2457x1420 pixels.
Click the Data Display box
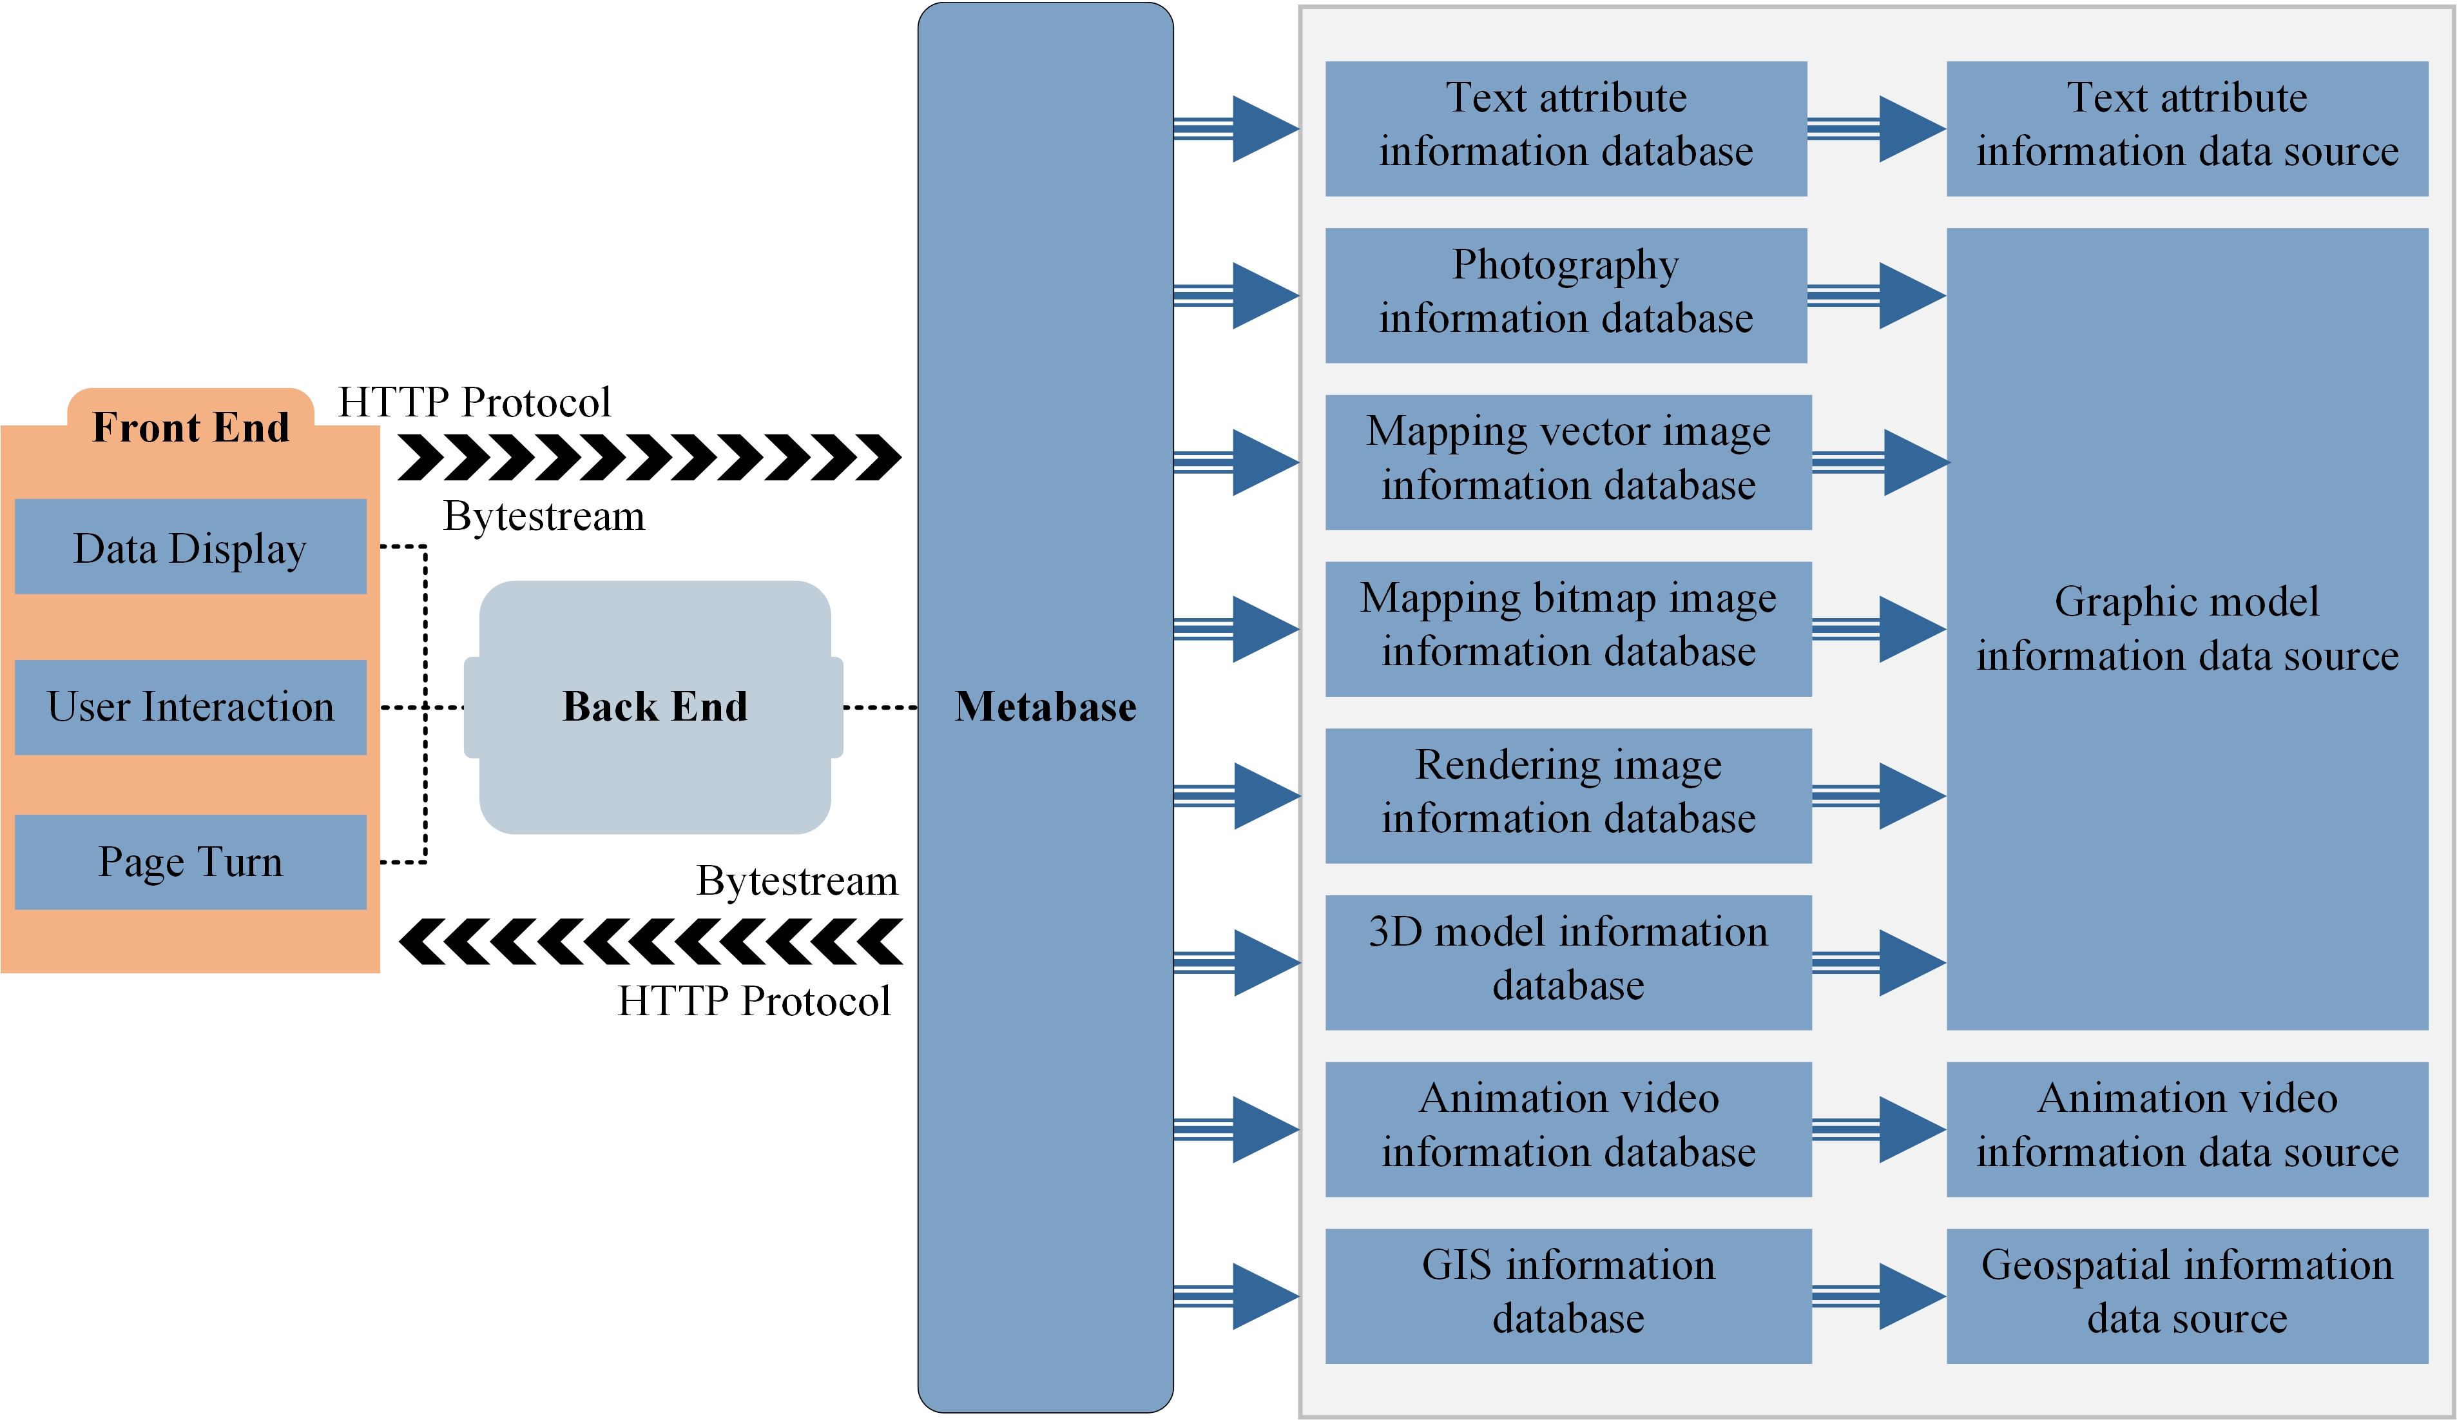click(x=190, y=547)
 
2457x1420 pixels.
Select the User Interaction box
click(x=190, y=707)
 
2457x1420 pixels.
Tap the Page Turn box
click(x=190, y=862)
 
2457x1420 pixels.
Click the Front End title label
click(x=191, y=427)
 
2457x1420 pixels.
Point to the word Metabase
click(x=1045, y=707)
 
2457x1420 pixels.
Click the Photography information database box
click(x=1566, y=295)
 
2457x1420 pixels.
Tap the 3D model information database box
click(x=1568, y=962)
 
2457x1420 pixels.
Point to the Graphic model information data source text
click(x=2187, y=629)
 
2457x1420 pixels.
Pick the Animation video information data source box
click(x=2187, y=1129)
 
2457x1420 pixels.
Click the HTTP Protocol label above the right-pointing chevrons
click(x=474, y=402)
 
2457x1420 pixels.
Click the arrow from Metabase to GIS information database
click(x=1237, y=1296)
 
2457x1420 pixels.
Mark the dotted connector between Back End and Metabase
click(x=880, y=707)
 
